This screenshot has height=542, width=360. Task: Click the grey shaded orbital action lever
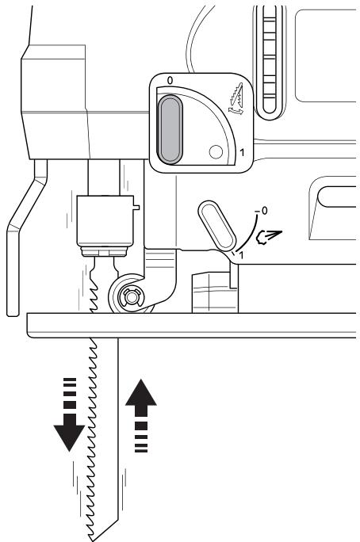click(x=170, y=129)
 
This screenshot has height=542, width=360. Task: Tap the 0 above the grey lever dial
click(x=170, y=81)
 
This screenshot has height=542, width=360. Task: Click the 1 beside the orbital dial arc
click(x=242, y=152)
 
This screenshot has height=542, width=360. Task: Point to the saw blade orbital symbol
click(x=236, y=99)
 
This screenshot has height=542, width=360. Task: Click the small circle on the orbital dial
click(x=216, y=152)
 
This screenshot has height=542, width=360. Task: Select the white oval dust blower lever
click(x=216, y=225)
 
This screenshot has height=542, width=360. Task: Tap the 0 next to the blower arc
click(x=264, y=211)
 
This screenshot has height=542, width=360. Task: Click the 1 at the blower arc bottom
click(x=241, y=255)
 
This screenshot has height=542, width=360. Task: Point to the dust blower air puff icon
click(x=268, y=237)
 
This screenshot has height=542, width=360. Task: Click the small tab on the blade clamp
click(x=136, y=207)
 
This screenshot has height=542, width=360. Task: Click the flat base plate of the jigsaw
click(x=191, y=325)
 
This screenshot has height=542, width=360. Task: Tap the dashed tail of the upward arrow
click(x=141, y=437)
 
